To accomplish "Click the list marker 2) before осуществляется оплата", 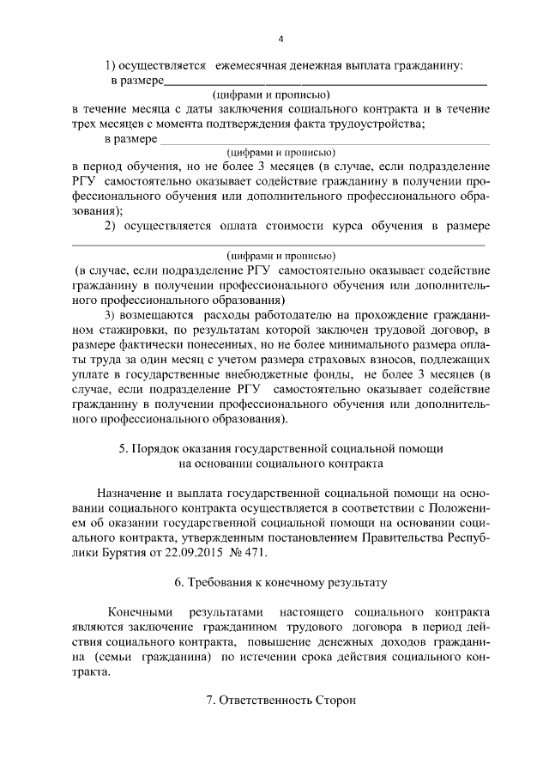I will click(111, 226).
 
